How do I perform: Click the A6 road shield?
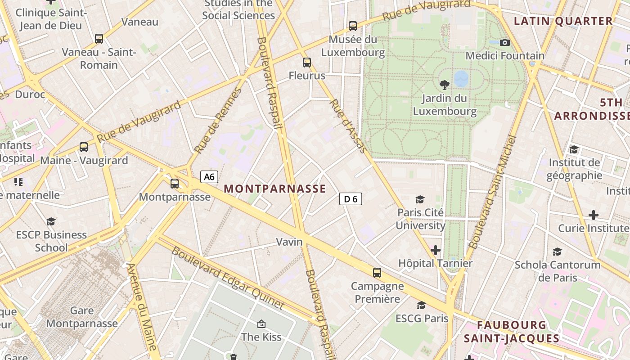pyautogui.click(x=209, y=176)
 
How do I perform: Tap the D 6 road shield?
pyautogui.click(x=351, y=199)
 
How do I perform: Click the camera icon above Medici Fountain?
pyautogui.click(x=505, y=42)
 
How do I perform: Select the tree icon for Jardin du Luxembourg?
pyautogui.click(x=444, y=84)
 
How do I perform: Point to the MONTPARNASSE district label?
pyautogui.click(x=274, y=189)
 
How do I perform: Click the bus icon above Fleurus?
pyautogui.click(x=307, y=63)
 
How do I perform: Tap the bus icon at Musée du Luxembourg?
pyautogui.click(x=353, y=26)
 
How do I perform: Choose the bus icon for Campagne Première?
pyautogui.click(x=377, y=272)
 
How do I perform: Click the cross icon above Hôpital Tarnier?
pyautogui.click(x=436, y=250)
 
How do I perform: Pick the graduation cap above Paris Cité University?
pyautogui.click(x=420, y=199)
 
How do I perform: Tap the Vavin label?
pyautogui.click(x=289, y=242)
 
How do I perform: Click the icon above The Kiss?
pyautogui.click(x=261, y=324)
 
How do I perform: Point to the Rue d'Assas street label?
pyautogui.click(x=348, y=126)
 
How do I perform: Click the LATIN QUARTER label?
pyautogui.click(x=563, y=21)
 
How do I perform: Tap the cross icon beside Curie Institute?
pyautogui.click(x=594, y=215)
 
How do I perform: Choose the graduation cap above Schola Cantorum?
pyautogui.click(x=558, y=252)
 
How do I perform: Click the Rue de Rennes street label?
pyautogui.click(x=217, y=121)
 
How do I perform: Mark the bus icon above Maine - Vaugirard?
pyautogui.click(x=84, y=147)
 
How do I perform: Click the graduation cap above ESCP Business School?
pyautogui.click(x=51, y=221)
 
